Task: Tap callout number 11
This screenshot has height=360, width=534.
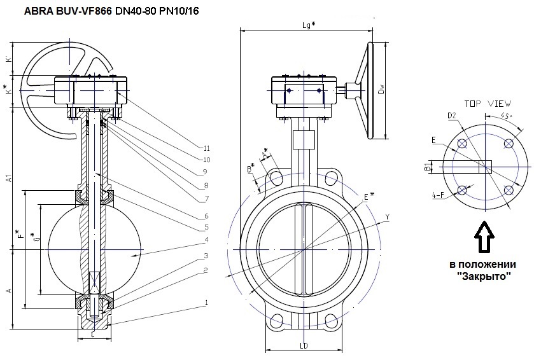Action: [206, 148]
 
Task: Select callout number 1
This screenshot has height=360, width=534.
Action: [206, 302]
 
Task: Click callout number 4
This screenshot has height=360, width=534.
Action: [206, 240]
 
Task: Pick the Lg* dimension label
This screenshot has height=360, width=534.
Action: [309, 25]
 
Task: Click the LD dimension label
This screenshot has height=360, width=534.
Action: [304, 347]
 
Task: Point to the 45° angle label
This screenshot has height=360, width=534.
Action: [506, 116]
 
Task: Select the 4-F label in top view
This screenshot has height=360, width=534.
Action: [437, 195]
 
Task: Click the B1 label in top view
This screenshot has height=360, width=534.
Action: [427, 167]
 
